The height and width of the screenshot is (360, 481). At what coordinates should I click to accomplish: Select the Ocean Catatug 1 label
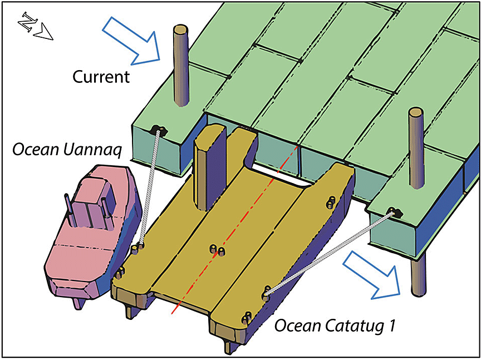tap(335, 326)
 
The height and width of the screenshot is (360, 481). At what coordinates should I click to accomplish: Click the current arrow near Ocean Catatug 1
tap(372, 273)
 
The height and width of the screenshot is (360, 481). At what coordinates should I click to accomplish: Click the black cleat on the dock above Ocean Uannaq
tap(159, 131)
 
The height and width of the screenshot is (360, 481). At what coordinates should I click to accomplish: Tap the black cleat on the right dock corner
tap(396, 211)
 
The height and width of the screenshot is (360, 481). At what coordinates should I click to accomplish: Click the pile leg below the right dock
tap(415, 278)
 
